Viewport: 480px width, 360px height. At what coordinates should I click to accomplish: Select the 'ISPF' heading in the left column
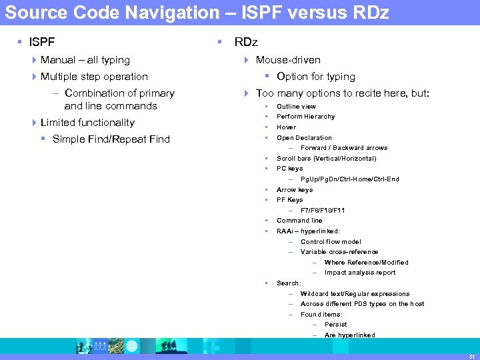click(x=42, y=43)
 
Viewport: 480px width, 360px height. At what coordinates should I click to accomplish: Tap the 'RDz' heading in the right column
click(x=245, y=43)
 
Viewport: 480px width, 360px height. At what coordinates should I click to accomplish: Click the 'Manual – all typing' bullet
click(x=85, y=60)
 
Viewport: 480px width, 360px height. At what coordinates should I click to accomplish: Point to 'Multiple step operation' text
click(x=94, y=77)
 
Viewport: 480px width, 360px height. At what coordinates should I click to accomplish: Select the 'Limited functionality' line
click(x=87, y=123)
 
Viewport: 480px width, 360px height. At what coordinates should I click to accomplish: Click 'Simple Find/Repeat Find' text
click(x=111, y=139)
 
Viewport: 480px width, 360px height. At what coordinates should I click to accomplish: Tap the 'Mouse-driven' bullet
click(x=288, y=60)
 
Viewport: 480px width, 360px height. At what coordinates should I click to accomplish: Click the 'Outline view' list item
click(x=297, y=107)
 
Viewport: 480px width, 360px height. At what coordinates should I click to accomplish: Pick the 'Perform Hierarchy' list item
click(x=306, y=117)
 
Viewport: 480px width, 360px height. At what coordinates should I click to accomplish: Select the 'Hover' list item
click(x=287, y=127)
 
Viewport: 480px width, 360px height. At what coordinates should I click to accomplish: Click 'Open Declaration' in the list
click(x=304, y=138)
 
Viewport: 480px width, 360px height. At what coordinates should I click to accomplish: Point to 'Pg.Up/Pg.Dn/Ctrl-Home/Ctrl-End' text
click(x=350, y=179)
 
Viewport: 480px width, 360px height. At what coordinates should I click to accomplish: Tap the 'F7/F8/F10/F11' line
click(x=323, y=211)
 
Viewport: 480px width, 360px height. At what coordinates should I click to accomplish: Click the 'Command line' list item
click(x=299, y=221)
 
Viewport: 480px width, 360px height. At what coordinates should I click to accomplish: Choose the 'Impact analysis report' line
click(x=360, y=273)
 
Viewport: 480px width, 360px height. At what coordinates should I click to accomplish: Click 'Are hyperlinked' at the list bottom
click(x=350, y=335)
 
